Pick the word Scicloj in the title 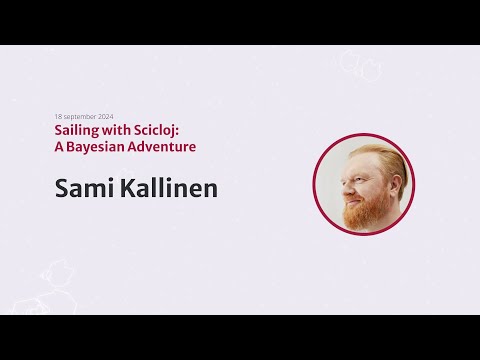coord(161,130)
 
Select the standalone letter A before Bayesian coord(59,146)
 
